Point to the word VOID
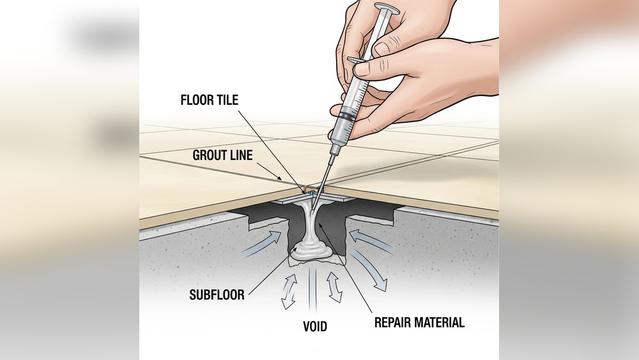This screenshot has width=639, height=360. coord(314,327)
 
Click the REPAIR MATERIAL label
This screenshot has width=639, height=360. coord(419,322)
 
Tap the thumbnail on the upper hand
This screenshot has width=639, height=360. coord(383,49)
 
